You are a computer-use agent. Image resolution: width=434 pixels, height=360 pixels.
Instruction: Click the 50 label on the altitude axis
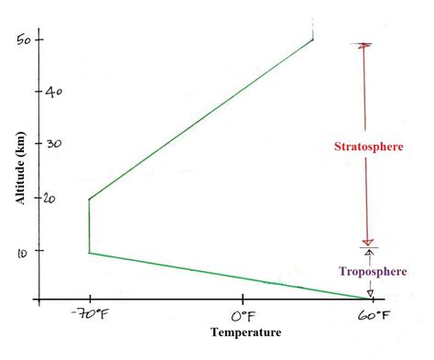pos(24,39)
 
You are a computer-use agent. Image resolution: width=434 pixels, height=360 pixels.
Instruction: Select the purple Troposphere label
pos(371,272)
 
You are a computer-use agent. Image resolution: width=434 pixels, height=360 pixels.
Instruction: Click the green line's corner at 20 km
pos(89,199)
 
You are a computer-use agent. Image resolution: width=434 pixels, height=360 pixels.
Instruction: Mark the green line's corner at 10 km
pos(89,252)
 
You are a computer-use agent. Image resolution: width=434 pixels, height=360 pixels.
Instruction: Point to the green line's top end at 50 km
pos(313,38)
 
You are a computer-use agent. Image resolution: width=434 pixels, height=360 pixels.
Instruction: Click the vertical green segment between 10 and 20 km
pos(89,225)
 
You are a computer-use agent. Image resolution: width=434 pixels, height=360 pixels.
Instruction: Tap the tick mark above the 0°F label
pos(244,300)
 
